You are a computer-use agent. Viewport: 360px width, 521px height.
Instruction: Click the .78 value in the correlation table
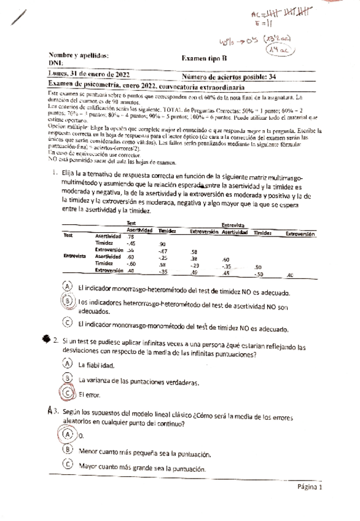(x=130, y=236)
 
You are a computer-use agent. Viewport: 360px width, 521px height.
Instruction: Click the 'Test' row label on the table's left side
(x=69, y=235)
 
